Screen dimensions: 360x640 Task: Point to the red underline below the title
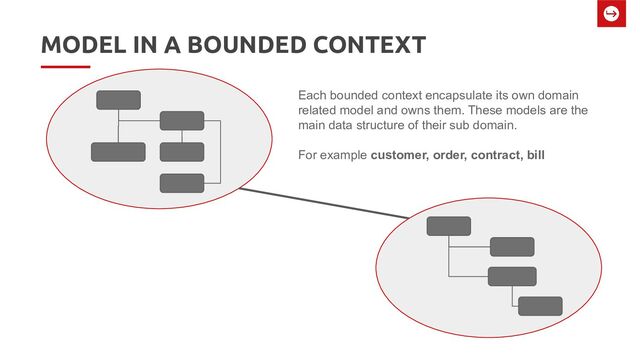65,68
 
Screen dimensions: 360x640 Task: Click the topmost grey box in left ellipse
118,99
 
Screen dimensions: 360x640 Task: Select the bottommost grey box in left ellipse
182,183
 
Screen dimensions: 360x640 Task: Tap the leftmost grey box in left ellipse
118,152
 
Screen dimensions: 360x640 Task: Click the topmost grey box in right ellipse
448,226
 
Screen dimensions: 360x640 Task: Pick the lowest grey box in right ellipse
540,306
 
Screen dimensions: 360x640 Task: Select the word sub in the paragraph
485,126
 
